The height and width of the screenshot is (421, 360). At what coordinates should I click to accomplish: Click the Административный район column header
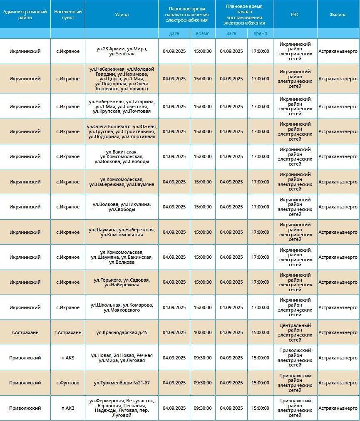(25, 15)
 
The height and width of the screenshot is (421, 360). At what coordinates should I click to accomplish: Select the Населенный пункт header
(68, 15)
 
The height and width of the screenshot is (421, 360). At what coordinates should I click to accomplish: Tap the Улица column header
(122, 15)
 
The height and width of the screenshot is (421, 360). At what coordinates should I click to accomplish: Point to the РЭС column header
(295, 15)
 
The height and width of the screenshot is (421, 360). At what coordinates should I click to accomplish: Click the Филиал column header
(338, 15)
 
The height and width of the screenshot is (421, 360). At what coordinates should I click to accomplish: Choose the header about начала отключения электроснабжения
(187, 14)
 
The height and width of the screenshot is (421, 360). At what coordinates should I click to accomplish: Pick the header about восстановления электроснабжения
(244, 14)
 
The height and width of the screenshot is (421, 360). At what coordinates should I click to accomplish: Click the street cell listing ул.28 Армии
(122, 51)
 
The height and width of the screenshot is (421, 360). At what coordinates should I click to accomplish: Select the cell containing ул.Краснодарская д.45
(122, 333)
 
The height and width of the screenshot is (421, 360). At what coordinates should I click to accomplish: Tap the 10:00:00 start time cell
(203, 333)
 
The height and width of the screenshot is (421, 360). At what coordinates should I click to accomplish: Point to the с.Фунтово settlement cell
(68, 383)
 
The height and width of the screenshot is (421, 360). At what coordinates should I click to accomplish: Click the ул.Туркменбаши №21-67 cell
(122, 383)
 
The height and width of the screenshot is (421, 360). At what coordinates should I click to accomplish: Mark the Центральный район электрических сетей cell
(295, 333)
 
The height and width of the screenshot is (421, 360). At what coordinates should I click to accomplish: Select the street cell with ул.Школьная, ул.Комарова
(122, 307)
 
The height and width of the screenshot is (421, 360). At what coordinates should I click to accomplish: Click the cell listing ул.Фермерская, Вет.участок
(122, 408)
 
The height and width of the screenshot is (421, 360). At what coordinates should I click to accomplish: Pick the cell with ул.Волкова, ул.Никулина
(122, 207)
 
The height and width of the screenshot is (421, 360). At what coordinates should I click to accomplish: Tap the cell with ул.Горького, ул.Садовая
(122, 282)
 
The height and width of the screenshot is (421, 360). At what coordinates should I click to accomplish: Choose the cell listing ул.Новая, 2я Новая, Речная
(122, 358)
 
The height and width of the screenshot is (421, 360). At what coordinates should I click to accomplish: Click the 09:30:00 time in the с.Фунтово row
(203, 383)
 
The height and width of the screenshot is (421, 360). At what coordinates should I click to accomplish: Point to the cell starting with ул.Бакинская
(122, 156)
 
